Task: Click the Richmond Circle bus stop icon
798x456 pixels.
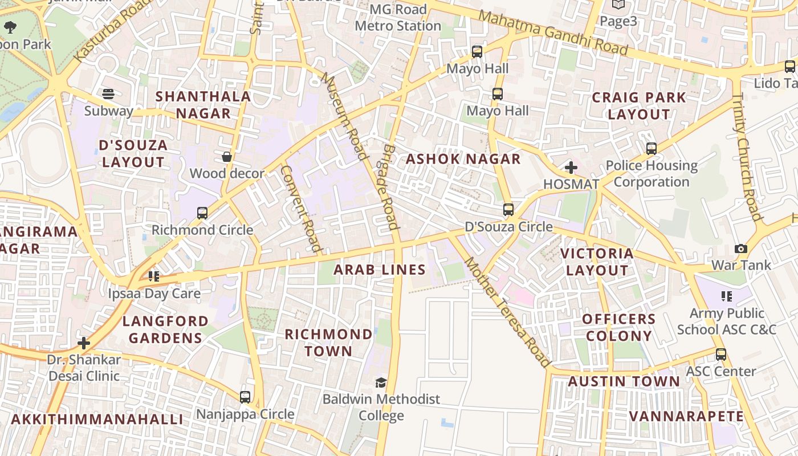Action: point(202,213)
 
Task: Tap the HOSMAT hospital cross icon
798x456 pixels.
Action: point(571,168)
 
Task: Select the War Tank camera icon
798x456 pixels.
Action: point(741,249)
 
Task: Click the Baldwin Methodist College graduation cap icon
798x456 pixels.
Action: point(381,382)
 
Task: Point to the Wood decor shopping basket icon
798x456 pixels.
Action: point(227,157)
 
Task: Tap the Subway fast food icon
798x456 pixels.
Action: point(108,94)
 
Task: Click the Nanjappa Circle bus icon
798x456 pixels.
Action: point(245,397)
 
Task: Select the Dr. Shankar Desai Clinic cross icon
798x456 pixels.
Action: point(84,343)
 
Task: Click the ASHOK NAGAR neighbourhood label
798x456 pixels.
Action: point(463,159)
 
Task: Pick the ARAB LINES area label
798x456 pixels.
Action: point(380,270)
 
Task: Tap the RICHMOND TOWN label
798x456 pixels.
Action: point(328,343)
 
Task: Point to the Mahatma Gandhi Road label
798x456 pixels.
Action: point(553,33)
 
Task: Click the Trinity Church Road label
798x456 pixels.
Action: point(747,157)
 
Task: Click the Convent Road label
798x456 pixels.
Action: point(302,209)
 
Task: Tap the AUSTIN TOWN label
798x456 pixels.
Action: point(624,381)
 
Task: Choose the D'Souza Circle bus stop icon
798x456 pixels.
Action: point(508,210)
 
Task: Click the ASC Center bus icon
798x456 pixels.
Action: point(721,354)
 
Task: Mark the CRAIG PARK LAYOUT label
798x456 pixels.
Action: point(638,105)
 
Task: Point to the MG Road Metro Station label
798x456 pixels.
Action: point(398,18)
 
